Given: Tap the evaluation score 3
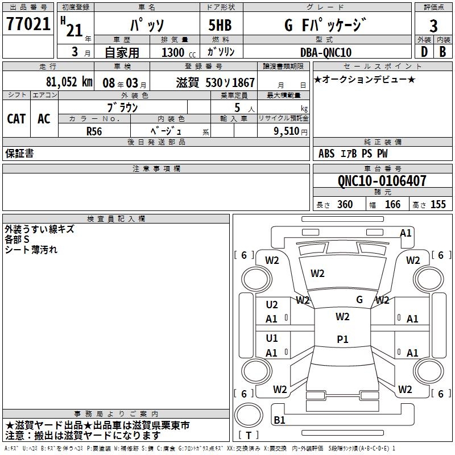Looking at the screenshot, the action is (434, 26).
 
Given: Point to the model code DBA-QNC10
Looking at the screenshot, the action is (325, 52).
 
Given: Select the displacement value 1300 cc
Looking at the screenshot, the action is (176, 52).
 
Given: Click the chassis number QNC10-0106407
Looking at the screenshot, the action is (382, 181).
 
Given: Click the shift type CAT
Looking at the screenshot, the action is (16, 119).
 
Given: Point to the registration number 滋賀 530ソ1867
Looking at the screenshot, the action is (216, 82).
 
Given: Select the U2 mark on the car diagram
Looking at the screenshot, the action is (272, 305).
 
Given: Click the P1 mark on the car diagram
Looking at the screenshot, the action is (342, 339).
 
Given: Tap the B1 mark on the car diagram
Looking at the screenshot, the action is (279, 420).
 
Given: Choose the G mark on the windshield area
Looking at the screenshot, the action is (359, 299).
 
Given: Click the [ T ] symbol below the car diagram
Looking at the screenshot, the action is (249, 436).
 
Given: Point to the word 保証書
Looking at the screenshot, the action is (19, 154).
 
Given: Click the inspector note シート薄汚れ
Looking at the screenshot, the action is (31, 250).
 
